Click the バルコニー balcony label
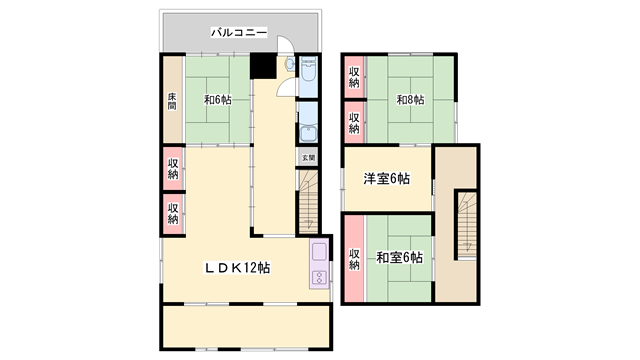click(239, 33)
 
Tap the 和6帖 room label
click(218, 99)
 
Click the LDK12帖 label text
click(238, 267)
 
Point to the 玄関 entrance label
click(308, 157)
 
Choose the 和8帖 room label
click(408, 99)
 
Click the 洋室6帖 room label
click(386, 179)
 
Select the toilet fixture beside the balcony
click(290, 65)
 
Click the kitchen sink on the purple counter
click(320, 254)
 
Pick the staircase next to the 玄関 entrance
click(308, 198)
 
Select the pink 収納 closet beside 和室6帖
click(354, 259)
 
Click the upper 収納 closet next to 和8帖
click(354, 77)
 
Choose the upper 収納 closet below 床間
click(173, 168)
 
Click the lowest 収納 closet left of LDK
click(173, 212)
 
